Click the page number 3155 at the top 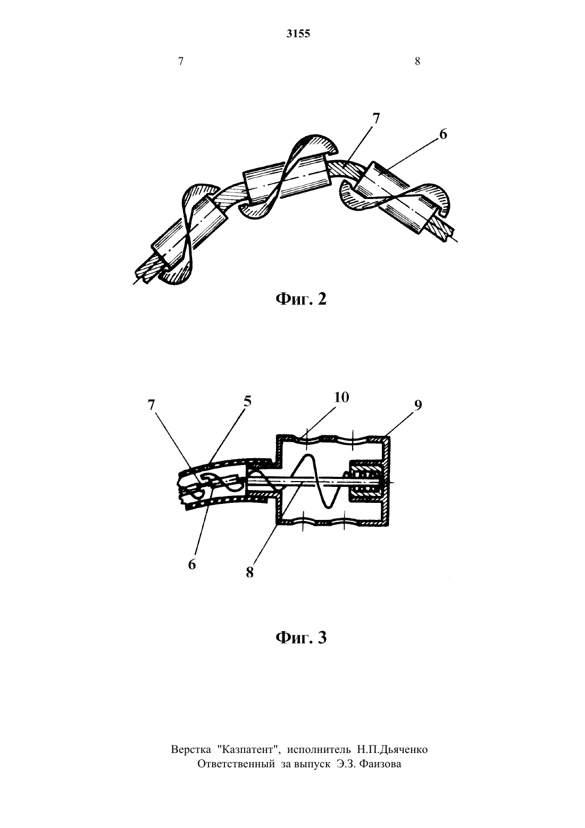(x=298, y=34)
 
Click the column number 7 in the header (x=181, y=61)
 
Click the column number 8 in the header (x=417, y=61)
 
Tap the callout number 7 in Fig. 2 (x=376, y=118)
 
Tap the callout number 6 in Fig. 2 (x=443, y=134)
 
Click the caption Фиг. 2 (x=301, y=299)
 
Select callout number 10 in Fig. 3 (x=341, y=398)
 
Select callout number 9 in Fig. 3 (x=417, y=405)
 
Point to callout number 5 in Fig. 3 (x=247, y=401)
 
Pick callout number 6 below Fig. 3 (x=191, y=565)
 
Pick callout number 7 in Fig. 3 (x=151, y=405)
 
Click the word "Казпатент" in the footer (x=247, y=749)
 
